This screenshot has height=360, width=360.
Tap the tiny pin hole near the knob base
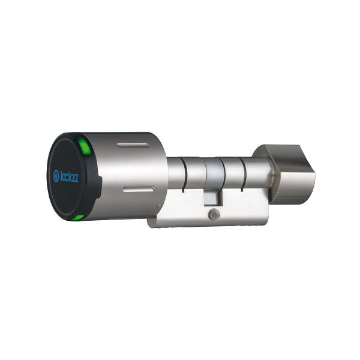pyautogui.click(x=159, y=207)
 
